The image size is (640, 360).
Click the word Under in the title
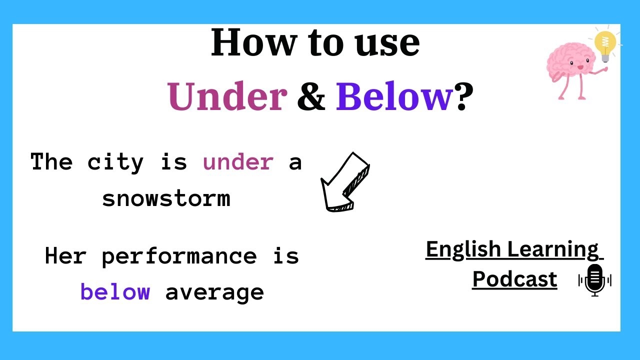coord(227,96)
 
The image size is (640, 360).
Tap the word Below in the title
coord(394,96)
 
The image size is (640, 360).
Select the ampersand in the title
coord(311,96)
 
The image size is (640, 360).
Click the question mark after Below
coord(464,96)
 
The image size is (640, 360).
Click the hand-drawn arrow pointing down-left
coord(343,182)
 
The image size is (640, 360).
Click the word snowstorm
coord(166,198)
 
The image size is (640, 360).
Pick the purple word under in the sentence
coord(238,162)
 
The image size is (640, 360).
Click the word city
coord(116,162)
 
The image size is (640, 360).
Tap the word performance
coord(179,256)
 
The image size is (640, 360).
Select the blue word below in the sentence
coord(115,292)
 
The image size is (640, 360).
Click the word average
coord(214,292)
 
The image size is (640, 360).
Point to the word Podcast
coord(514,278)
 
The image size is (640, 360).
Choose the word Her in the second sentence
coord(65,256)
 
